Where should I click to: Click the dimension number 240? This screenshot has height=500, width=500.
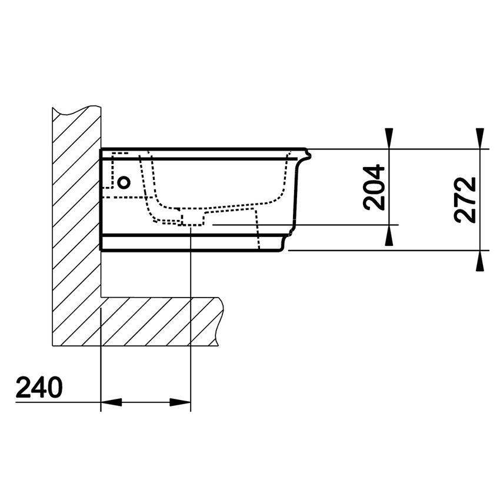click(x=39, y=388)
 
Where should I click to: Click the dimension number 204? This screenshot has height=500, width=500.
click(x=374, y=188)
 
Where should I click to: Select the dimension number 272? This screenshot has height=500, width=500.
click(x=465, y=199)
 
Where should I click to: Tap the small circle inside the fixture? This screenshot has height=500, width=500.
click(x=124, y=182)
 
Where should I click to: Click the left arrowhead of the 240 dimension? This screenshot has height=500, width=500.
click(x=111, y=402)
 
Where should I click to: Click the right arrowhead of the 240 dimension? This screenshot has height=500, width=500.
click(x=181, y=402)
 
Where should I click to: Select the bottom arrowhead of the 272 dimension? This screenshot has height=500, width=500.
click(x=480, y=261)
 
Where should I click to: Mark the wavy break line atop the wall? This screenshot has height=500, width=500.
click(x=76, y=110)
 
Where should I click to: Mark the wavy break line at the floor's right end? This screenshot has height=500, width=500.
click(x=221, y=321)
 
